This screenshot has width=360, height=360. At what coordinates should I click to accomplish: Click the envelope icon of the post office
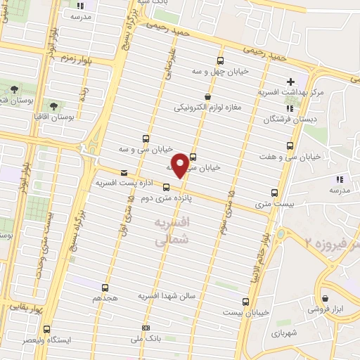tap(124, 172)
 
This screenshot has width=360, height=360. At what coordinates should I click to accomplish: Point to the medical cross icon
tap(290, 82)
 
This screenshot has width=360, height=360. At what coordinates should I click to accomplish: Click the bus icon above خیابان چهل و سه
tap(221, 60)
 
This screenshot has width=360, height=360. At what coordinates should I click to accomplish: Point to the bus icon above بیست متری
tap(274, 193)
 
